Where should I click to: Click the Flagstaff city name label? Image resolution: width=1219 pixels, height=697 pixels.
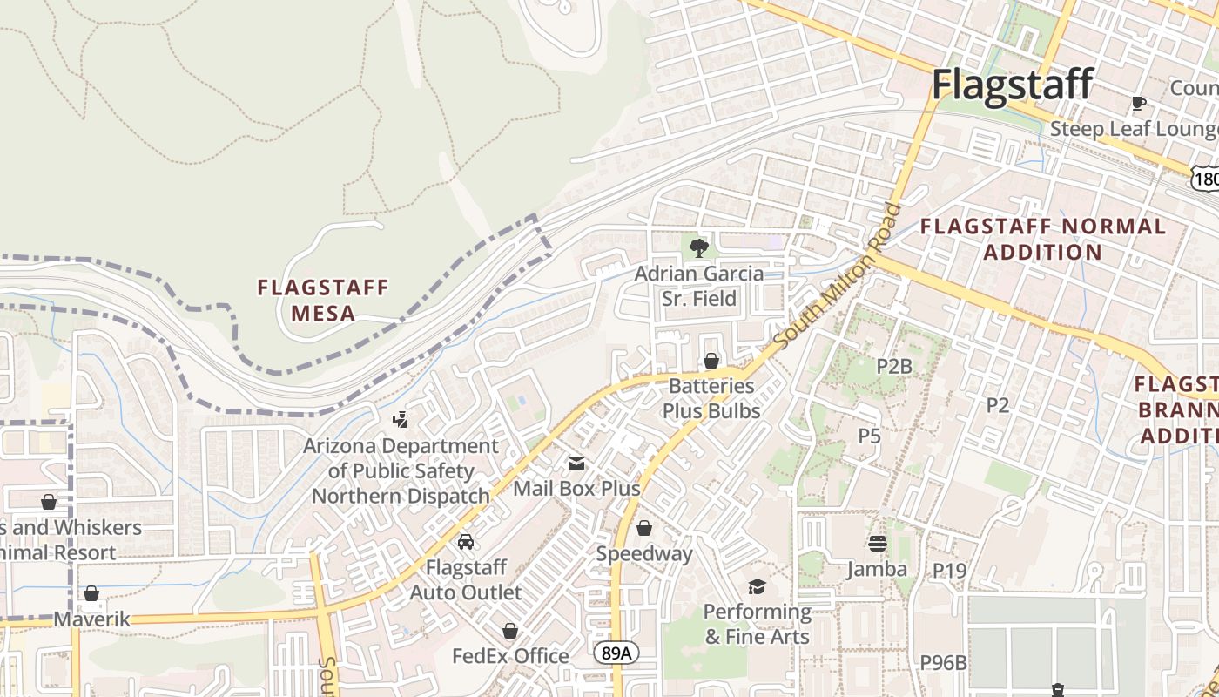tap(1012, 85)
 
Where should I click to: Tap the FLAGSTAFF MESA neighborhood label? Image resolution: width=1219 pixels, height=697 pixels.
tap(323, 300)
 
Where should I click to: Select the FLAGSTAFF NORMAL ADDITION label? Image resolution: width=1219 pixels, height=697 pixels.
tap(1042, 239)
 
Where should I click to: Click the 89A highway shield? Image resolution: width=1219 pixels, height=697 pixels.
tap(616, 653)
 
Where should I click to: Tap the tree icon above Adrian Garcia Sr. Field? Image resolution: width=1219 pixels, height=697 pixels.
tap(698, 248)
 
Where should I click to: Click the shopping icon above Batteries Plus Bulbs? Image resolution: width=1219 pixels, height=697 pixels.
tap(711, 361)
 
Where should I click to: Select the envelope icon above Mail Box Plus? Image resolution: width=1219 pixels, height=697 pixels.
tap(576, 464)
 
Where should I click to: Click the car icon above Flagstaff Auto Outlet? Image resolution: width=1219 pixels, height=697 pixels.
tap(466, 542)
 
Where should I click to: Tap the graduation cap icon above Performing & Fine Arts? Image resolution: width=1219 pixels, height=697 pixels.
tap(757, 586)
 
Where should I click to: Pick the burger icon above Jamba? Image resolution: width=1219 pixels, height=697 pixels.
tap(877, 544)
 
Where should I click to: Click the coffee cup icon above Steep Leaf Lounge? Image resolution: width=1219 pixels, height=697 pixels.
tap(1138, 104)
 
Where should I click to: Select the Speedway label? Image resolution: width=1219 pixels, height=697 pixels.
tap(644, 553)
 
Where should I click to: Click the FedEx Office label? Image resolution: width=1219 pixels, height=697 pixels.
tap(510, 655)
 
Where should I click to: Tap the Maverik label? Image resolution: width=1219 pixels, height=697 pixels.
tap(91, 619)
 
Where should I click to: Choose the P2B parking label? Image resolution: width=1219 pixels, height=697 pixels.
tap(893, 366)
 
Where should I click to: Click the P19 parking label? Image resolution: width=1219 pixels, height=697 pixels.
tap(949, 570)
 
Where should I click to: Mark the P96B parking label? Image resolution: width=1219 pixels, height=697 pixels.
tap(943, 662)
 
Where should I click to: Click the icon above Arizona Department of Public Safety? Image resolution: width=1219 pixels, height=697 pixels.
tap(400, 420)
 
